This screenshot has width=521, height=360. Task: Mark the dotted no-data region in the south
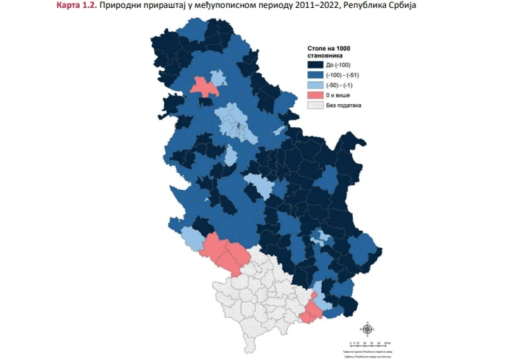point(264,297)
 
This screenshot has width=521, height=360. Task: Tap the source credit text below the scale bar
point(367,353)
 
